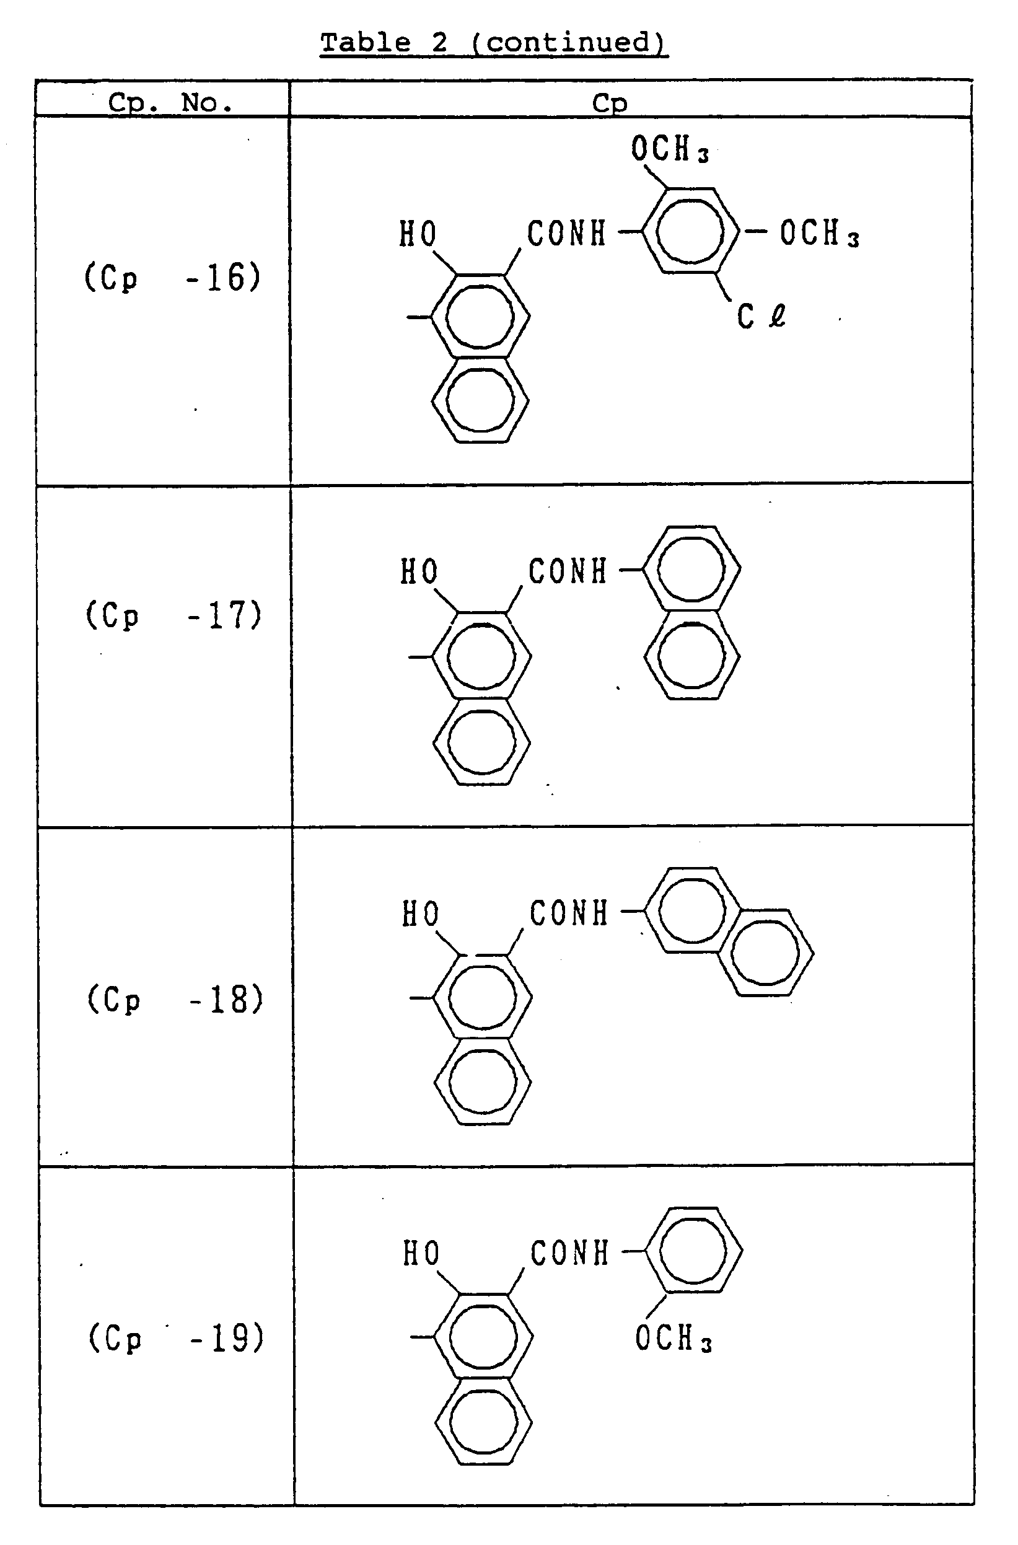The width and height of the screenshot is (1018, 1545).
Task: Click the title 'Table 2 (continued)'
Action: tap(493, 43)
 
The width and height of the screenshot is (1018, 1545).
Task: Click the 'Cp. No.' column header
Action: tap(170, 103)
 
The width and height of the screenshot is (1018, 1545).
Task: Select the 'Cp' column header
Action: tap(610, 103)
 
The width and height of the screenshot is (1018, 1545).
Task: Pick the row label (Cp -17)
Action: tap(174, 615)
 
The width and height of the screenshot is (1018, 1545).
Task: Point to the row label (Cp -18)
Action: tap(175, 1000)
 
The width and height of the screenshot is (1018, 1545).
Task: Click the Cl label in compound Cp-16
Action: tap(761, 317)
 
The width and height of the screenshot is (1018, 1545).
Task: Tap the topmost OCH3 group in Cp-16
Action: tap(669, 149)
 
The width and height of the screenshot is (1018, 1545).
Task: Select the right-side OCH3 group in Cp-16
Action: tap(819, 234)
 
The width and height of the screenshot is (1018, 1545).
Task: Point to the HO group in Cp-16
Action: tap(418, 234)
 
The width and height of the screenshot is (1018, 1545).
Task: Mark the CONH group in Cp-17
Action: tap(568, 572)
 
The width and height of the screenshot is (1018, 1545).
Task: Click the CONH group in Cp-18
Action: tap(569, 914)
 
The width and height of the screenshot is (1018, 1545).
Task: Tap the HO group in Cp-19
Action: tap(421, 1253)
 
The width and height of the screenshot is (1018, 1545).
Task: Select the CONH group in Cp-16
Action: tap(566, 234)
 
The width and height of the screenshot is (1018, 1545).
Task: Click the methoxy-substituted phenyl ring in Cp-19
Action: tap(693, 1251)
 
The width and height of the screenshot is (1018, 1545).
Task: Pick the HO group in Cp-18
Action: tap(421, 914)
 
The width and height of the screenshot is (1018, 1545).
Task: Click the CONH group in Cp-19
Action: tap(569, 1253)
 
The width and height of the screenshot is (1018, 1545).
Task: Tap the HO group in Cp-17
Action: tap(419, 572)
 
